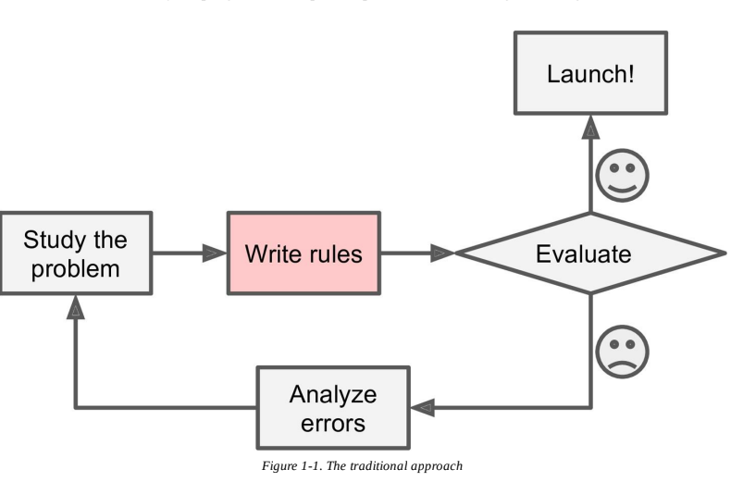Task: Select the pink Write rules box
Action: pyautogui.click(x=304, y=253)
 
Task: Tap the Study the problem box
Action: pyautogui.click(x=77, y=253)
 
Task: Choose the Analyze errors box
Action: pyautogui.click(x=333, y=408)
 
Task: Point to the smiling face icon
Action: pyautogui.click(x=622, y=175)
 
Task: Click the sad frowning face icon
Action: pyautogui.click(x=622, y=351)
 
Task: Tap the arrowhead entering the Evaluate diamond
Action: pyautogui.click(x=442, y=253)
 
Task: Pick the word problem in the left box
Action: pyautogui.click(x=77, y=269)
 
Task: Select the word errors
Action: pyautogui.click(x=333, y=424)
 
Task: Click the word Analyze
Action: pyautogui.click(x=333, y=393)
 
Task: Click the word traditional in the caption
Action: pyautogui.click(x=384, y=465)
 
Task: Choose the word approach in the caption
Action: pyautogui.click(x=439, y=465)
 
